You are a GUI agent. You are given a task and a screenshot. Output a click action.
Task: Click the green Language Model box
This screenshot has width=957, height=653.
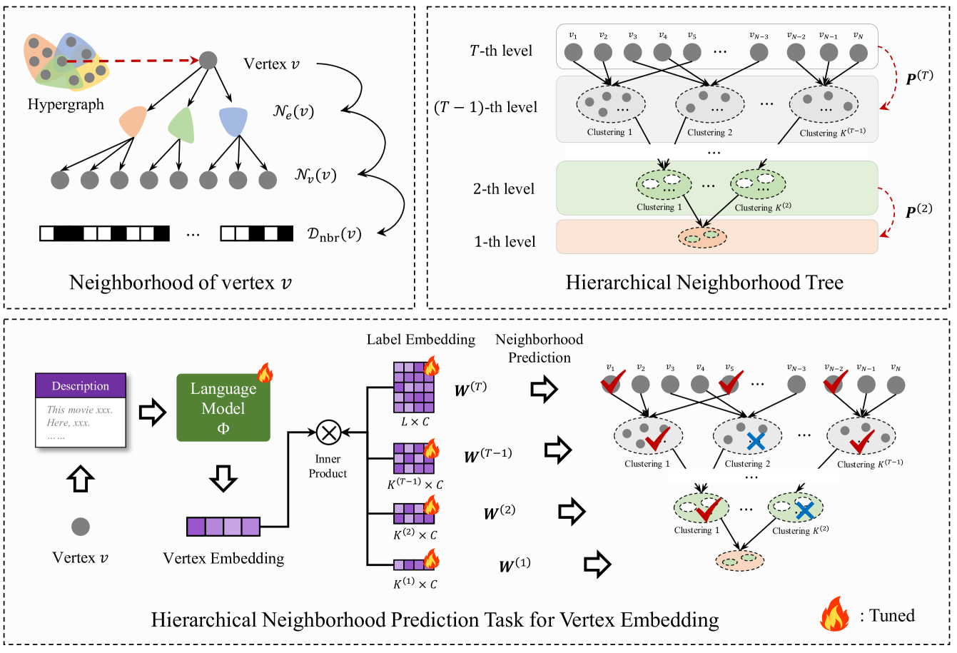coord(223,408)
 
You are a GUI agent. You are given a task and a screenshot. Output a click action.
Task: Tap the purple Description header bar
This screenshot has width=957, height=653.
coord(81,386)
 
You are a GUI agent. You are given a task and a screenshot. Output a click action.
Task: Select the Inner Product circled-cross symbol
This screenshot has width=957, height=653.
coord(328,432)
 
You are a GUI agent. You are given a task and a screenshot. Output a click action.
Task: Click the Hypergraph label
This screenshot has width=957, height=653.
coord(66,104)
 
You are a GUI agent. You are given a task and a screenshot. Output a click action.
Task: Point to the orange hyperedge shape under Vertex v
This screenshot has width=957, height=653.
coord(133,121)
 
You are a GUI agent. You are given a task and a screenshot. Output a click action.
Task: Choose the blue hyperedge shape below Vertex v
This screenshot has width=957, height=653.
coord(233,121)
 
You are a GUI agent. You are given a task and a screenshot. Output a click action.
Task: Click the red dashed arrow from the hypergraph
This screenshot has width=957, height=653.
coord(136,61)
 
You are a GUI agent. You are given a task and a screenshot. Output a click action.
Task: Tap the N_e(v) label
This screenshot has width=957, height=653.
coord(293,111)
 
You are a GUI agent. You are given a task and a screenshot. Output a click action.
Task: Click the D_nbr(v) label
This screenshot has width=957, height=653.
coord(334,234)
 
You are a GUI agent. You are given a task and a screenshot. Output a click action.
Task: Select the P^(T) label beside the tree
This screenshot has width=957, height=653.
coord(919,77)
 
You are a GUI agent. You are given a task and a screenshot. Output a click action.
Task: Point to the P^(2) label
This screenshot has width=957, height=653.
coord(918,211)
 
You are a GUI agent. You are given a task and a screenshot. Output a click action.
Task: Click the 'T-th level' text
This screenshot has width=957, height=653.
coord(501,51)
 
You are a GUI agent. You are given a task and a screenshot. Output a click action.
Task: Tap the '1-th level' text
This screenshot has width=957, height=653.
coord(505,242)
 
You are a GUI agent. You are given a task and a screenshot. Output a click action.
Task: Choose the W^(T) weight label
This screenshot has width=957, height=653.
coord(470,390)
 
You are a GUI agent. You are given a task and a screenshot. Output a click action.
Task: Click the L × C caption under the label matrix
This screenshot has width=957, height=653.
coord(415,422)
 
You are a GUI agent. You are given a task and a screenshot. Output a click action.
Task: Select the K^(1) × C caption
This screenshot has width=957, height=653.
coord(415,584)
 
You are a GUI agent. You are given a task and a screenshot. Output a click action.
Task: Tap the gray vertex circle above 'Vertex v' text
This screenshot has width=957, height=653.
coord(81,527)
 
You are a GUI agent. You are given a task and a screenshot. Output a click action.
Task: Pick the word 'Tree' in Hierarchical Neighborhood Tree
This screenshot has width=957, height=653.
coord(825,283)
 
